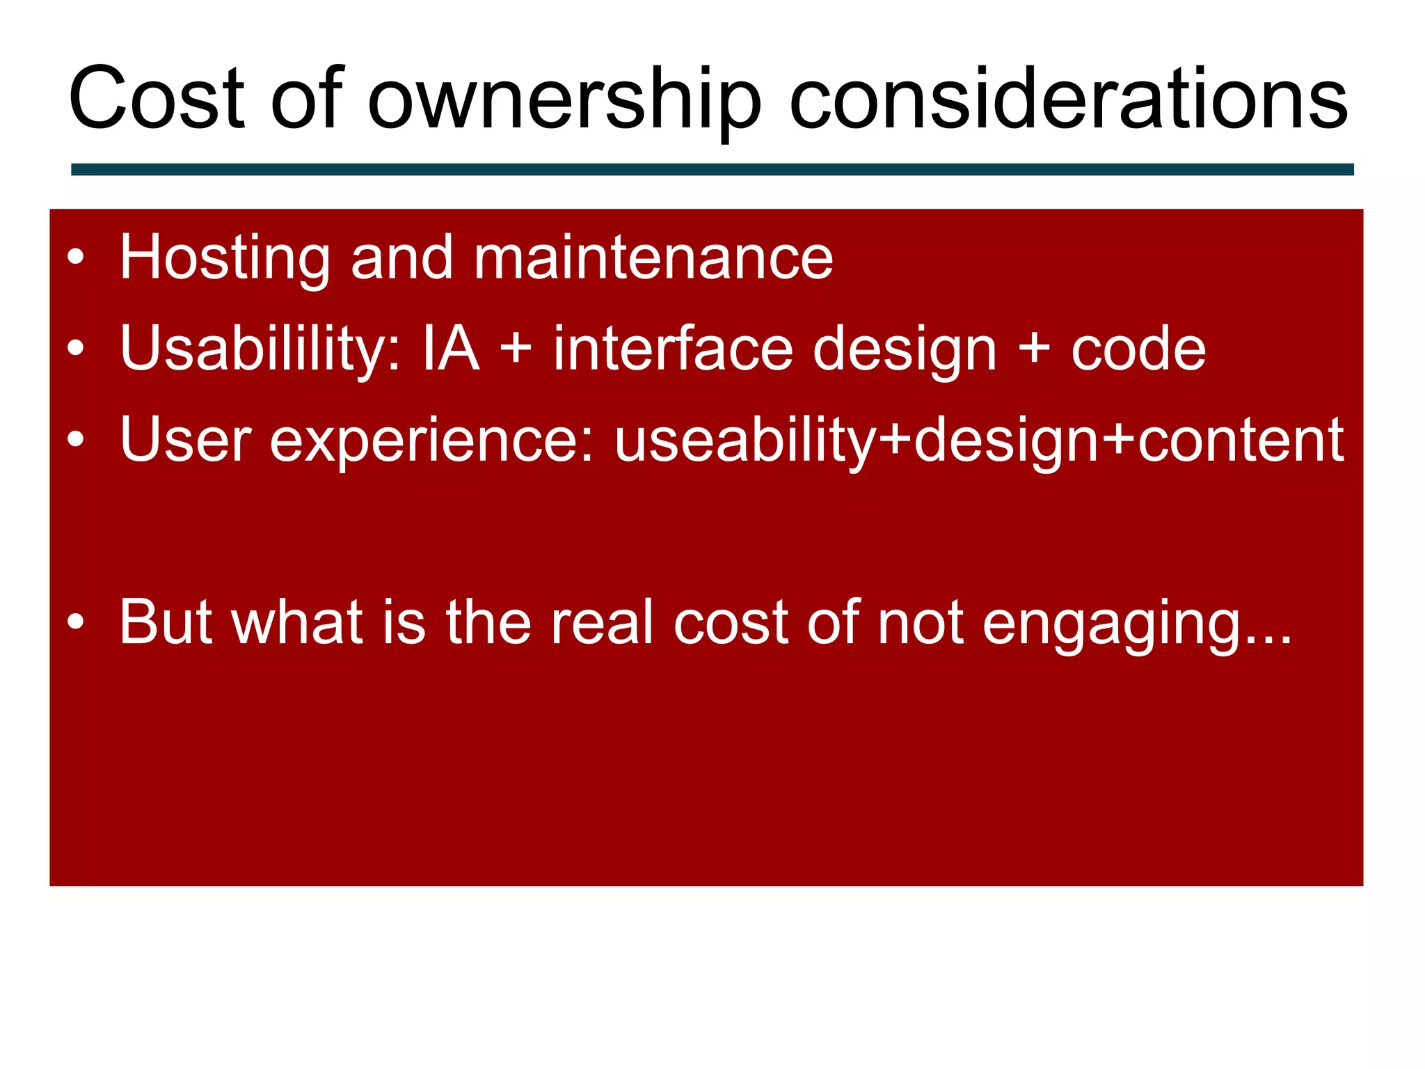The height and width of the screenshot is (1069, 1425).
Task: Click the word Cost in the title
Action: (x=157, y=98)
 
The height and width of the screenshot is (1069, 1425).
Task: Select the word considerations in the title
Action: (x=1068, y=98)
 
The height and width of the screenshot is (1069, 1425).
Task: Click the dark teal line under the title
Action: (x=712, y=170)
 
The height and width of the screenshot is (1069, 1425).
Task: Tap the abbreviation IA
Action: (x=451, y=349)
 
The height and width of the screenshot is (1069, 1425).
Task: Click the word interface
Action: (x=673, y=349)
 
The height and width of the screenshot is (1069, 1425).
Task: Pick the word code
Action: (x=1138, y=349)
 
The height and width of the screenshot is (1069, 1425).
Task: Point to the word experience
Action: (x=432, y=441)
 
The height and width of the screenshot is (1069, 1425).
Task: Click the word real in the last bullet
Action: (x=603, y=622)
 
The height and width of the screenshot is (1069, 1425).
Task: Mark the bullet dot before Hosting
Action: (x=76, y=258)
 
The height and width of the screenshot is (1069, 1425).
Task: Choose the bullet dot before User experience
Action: (x=76, y=440)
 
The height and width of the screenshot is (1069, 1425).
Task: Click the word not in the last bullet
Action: (x=920, y=622)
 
